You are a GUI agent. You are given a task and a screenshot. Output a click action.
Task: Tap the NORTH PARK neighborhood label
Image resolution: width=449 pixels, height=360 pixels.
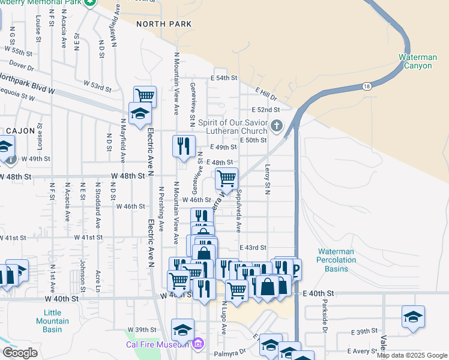click(x=164, y=24)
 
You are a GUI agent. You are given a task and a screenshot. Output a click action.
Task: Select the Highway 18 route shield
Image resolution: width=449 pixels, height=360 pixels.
click(x=366, y=86)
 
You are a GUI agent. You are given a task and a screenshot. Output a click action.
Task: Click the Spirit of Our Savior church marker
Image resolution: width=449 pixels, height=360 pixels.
click(x=276, y=125)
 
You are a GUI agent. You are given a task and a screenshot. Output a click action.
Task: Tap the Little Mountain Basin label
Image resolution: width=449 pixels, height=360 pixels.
click(x=61, y=320)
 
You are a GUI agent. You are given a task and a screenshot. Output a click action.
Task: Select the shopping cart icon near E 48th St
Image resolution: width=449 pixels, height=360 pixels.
click(x=227, y=178)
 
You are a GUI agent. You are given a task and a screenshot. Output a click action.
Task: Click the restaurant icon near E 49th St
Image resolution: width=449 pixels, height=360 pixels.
click(x=184, y=146)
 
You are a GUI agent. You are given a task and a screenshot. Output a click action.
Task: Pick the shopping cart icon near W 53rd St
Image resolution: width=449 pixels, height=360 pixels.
click(x=145, y=95)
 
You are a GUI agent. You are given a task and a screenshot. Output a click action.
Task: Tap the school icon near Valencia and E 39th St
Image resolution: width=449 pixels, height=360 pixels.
click(x=413, y=316)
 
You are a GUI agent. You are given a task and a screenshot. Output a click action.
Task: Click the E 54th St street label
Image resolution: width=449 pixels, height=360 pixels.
click(x=224, y=78)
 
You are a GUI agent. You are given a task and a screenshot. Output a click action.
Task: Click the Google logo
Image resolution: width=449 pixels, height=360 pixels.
click(x=20, y=353)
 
